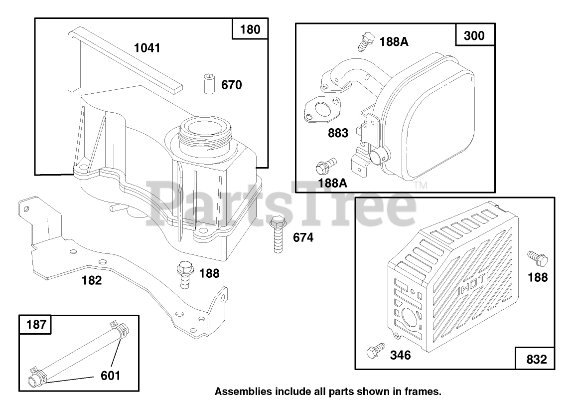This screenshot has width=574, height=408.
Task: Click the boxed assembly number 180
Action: coord(250,29)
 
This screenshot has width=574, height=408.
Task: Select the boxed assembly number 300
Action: coord(473,35)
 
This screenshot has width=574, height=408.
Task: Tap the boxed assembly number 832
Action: coord(536,359)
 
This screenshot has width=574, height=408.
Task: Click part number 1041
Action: coord(147,48)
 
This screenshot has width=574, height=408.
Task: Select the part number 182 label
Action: coord(92,280)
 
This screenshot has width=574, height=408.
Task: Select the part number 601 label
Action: coord(110,375)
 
